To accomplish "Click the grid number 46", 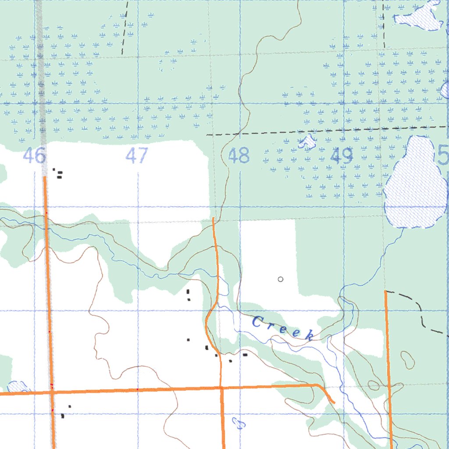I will coord(34,156).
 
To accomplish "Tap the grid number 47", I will coord(137,156).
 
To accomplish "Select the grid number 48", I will coord(239,156).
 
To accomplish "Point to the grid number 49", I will coord(342,156).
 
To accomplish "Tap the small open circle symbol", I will coord(281,279).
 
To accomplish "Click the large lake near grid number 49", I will coord(416,184).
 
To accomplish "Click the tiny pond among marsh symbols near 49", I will coord(307,141).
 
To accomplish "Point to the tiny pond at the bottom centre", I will coord(239,423).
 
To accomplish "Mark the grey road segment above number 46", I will coord(41,88).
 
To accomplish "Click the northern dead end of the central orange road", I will coord(213,218).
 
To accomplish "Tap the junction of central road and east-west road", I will coord(221,388).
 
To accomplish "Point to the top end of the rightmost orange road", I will coord(385,291).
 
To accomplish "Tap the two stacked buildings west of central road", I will coord(189,295).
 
